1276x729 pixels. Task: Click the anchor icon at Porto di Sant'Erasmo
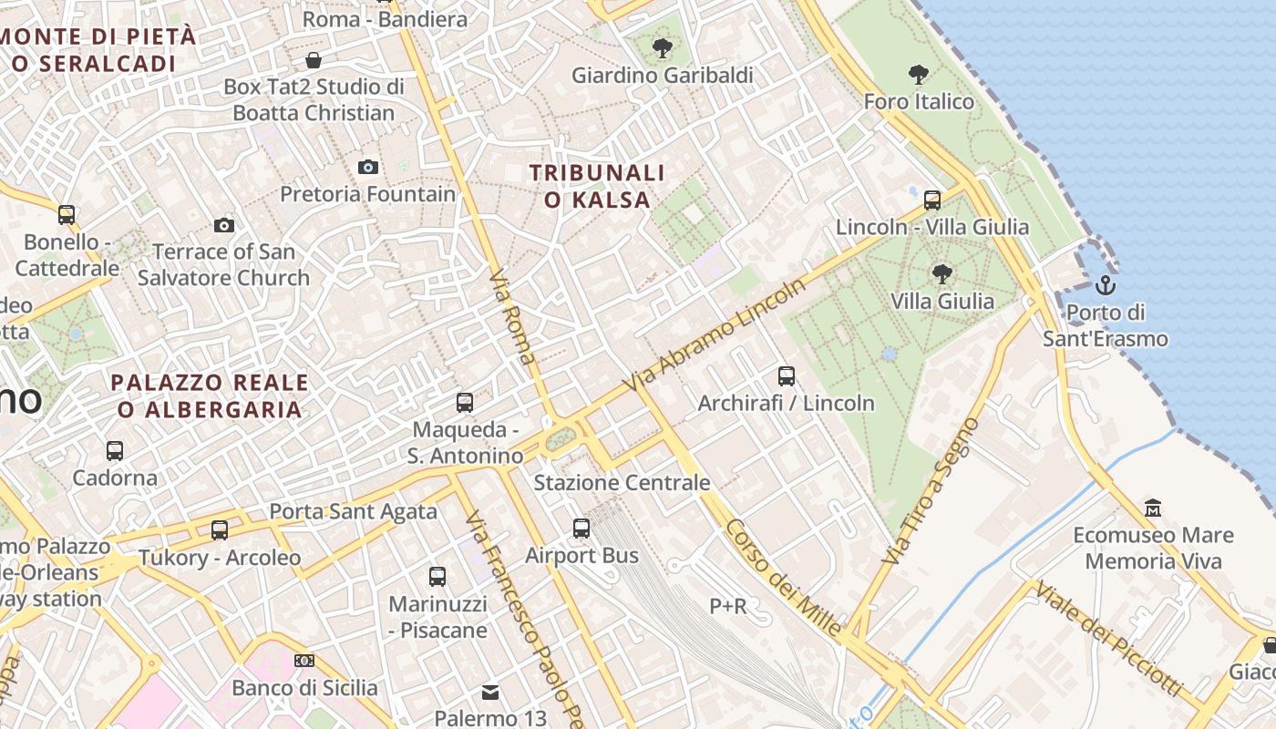coord(1106,285)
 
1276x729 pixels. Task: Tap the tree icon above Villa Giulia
coord(942,273)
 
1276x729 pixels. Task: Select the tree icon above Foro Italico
coord(919,75)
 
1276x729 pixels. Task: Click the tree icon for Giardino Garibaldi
coord(663,47)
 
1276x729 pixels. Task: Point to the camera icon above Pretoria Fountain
coord(368,167)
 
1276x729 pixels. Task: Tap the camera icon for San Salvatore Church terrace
coord(224,225)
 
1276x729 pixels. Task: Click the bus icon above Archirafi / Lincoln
coord(786,375)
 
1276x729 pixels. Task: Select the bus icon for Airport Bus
coord(581,528)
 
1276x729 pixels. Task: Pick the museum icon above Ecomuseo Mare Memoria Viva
coord(1153,508)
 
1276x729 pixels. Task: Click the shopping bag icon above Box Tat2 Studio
coord(314,60)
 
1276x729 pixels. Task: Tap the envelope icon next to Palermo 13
coord(490,693)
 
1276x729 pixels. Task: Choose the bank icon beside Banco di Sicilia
coord(304,661)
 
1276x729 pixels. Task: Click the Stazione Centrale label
coord(622,482)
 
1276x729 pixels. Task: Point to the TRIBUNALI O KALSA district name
coord(597,186)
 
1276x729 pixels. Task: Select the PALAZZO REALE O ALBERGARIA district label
coord(210,395)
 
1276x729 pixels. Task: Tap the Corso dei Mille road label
coord(783,578)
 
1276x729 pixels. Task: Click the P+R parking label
coord(728,605)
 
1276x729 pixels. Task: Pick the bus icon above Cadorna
coord(115,450)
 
